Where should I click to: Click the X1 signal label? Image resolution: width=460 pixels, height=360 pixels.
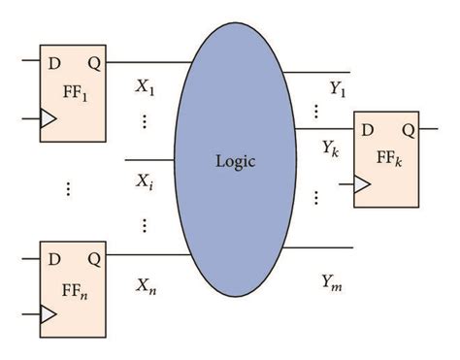147,86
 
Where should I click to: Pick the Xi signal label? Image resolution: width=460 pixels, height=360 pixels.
146,180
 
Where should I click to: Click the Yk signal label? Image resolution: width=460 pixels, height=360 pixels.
331,147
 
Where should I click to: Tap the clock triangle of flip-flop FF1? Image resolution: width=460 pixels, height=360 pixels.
48,119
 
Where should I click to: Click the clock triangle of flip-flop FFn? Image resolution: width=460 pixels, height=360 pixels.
48,312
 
